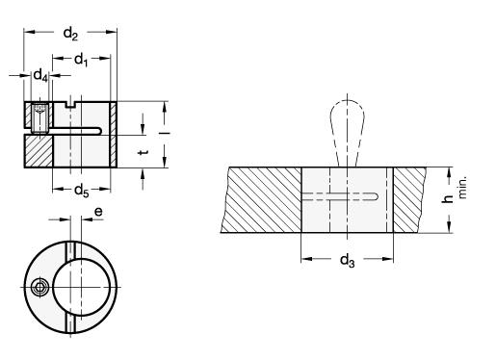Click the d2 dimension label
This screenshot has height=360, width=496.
tap(70, 34)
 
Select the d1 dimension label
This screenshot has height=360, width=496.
tap(81, 60)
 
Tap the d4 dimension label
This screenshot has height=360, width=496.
tap(40, 76)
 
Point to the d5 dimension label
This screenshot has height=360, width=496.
tap(81, 191)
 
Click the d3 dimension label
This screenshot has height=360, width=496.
tap(348, 260)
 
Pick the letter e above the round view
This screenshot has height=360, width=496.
tap(98, 212)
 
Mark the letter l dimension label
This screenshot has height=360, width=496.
tap(165, 133)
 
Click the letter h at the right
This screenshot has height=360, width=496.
tap(448, 199)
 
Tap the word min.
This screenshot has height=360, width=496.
tap(462, 188)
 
